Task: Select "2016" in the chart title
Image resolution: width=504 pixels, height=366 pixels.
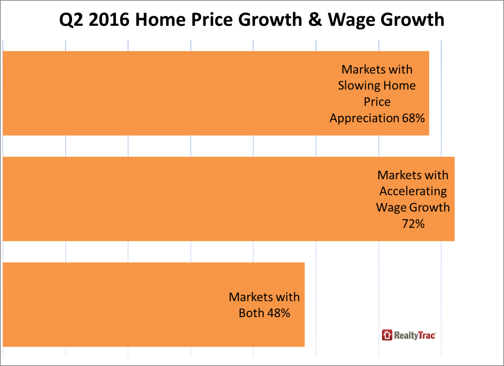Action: (109, 20)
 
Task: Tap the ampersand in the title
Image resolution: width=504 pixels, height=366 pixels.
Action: (315, 20)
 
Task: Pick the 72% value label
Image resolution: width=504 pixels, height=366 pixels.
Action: (413, 224)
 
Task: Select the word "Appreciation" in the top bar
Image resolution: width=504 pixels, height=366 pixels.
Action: (364, 118)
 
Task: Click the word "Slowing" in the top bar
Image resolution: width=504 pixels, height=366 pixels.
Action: (355, 86)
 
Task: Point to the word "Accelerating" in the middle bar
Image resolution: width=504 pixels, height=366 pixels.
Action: (413, 191)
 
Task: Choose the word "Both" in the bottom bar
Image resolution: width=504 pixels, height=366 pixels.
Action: (251, 313)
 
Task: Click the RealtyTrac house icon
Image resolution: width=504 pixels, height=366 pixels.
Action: (387, 335)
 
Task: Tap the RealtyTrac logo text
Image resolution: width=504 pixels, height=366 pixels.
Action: (415, 335)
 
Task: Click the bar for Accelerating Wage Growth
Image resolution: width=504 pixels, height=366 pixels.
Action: (180, 199)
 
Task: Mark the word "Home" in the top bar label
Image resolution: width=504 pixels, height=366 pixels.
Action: (399, 86)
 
